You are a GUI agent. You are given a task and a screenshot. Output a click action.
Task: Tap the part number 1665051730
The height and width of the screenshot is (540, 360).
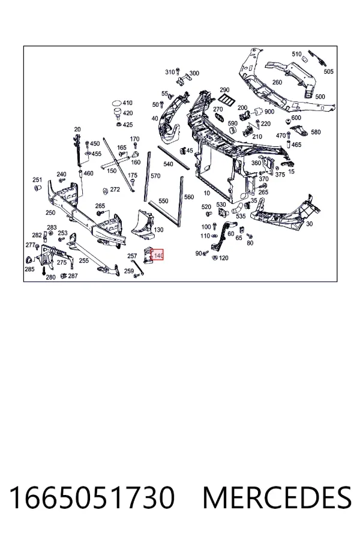(x=92, y=497)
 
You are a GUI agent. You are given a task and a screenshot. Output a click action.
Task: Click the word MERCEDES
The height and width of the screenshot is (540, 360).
(x=277, y=497)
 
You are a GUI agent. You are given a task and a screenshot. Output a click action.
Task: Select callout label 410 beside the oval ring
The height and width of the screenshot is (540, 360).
(x=127, y=103)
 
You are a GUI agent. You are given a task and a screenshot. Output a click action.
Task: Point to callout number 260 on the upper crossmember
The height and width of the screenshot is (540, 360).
(x=277, y=82)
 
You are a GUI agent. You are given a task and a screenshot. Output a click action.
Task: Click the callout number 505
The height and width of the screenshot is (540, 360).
(x=329, y=71)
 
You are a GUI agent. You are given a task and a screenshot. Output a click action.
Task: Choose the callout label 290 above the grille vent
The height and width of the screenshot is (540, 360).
(x=224, y=90)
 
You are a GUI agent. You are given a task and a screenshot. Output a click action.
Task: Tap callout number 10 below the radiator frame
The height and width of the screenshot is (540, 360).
(x=206, y=193)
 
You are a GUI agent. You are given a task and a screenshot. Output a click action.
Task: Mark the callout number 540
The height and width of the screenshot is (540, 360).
(x=168, y=164)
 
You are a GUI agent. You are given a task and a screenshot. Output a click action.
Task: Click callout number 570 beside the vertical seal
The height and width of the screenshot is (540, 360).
(x=156, y=176)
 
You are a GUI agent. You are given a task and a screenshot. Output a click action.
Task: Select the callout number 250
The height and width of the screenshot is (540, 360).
(x=50, y=212)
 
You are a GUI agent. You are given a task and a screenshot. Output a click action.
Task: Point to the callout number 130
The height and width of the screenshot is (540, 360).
(x=159, y=230)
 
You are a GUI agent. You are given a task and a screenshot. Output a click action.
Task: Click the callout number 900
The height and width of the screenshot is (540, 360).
(x=269, y=112)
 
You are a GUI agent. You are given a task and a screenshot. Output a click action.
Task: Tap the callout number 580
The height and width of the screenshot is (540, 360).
(x=316, y=132)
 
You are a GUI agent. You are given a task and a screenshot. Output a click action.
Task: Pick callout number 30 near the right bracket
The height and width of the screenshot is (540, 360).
(x=310, y=224)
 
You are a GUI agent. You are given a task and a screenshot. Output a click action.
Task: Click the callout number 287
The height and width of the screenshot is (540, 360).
(x=73, y=275)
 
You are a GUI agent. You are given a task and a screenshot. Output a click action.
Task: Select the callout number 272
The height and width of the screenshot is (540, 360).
(x=115, y=190)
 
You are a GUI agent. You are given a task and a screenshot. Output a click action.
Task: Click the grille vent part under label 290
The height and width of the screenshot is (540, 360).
(x=226, y=100)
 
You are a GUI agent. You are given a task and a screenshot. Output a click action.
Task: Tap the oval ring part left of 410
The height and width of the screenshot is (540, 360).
(x=116, y=103)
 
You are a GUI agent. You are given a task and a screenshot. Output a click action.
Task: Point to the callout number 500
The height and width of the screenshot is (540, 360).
(x=320, y=97)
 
